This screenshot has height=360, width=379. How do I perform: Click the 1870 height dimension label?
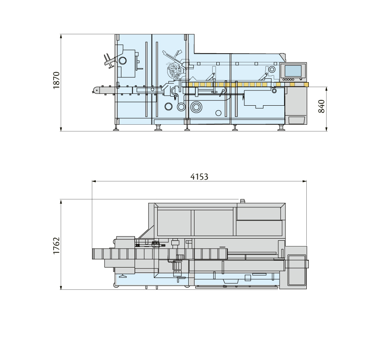(57, 80)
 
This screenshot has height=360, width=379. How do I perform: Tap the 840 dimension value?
(322, 107)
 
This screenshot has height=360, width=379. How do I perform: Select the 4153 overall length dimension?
(199, 176)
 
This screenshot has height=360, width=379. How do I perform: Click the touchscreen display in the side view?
(293, 71)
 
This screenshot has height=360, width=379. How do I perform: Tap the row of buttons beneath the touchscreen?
(292, 79)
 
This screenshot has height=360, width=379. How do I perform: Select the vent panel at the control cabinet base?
(296, 120)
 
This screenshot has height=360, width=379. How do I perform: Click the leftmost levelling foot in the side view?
(117, 128)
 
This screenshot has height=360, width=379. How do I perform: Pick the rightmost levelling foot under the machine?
(281, 128)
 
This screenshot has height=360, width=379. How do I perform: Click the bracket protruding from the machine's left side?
(108, 61)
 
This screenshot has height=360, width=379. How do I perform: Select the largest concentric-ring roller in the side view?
(196, 107)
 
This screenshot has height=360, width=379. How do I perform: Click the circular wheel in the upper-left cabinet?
(123, 61)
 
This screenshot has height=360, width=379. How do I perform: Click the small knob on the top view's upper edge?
(242, 201)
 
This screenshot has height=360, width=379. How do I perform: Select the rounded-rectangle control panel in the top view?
(296, 270)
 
